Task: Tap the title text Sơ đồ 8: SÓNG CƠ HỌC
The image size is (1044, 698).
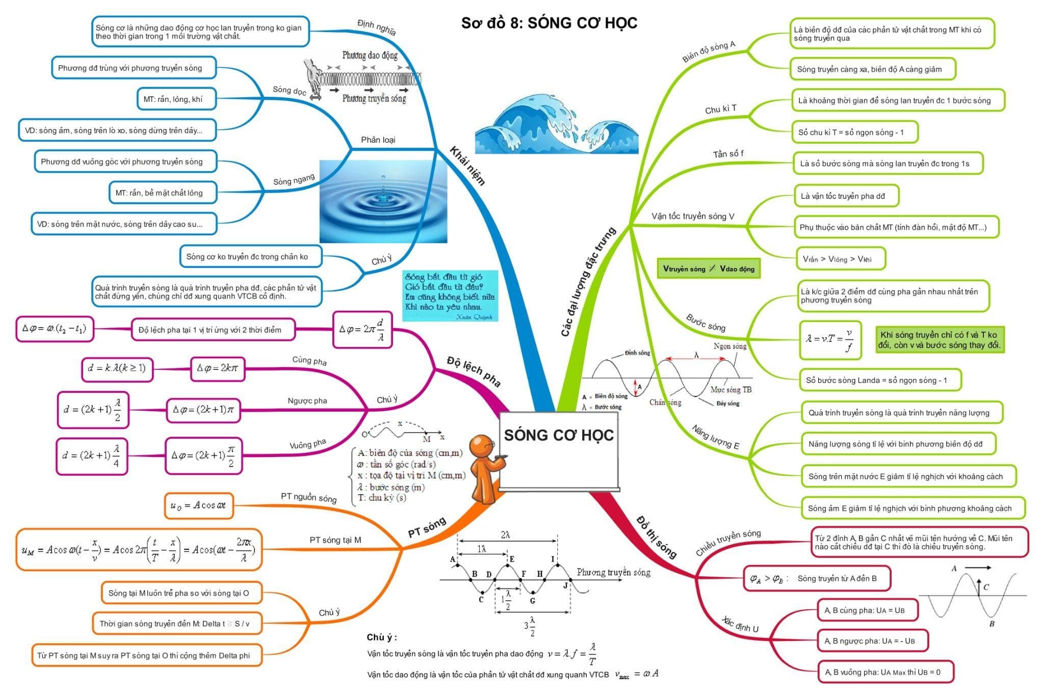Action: point(549,23)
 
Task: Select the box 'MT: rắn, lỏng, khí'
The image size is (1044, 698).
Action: point(176,99)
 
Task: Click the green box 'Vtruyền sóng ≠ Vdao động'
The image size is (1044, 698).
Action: point(709,269)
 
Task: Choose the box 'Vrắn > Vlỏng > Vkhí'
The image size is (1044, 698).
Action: point(840,259)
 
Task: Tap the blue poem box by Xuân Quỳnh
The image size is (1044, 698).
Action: point(450,296)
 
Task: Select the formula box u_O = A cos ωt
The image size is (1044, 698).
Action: point(199,505)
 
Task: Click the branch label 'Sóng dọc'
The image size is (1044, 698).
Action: point(289,90)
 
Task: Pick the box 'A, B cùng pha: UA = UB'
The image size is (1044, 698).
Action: point(867,610)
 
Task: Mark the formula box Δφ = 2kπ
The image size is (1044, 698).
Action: point(218,368)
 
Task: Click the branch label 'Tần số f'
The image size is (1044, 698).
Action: point(728,153)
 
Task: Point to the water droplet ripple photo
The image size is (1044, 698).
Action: point(383,202)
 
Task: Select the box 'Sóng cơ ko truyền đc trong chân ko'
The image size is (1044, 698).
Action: point(250,256)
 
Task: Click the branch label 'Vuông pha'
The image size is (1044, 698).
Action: point(307,444)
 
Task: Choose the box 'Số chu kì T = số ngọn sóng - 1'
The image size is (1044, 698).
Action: point(854,132)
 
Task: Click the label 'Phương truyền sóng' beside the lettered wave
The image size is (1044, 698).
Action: point(613,572)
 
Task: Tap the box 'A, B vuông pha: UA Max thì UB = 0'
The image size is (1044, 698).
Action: point(885,672)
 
